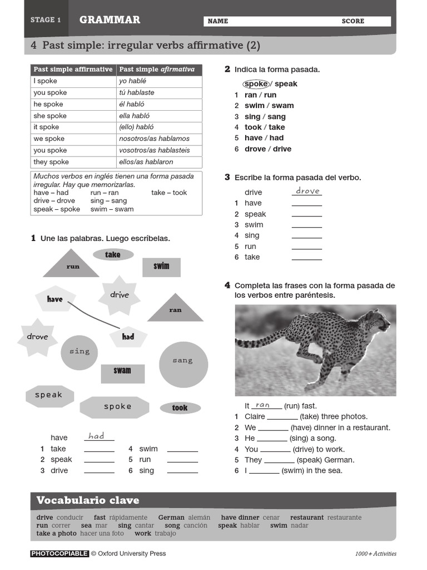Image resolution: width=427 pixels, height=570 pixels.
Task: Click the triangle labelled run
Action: click(x=72, y=265)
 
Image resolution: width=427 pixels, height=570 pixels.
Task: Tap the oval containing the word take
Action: click(x=113, y=254)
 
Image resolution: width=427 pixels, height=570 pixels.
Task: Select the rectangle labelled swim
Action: click(x=161, y=267)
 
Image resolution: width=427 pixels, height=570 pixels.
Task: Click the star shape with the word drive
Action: click(x=119, y=295)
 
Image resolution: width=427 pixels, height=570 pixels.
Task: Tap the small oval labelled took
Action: click(x=180, y=408)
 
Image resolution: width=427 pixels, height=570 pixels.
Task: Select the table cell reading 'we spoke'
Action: click(x=73, y=139)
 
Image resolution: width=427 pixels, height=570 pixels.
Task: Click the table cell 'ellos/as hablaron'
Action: click(x=159, y=162)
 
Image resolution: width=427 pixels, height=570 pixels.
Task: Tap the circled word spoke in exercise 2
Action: click(x=256, y=84)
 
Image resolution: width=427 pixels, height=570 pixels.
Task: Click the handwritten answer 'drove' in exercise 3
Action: click(x=307, y=191)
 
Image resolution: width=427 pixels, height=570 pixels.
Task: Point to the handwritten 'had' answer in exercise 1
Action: click(x=97, y=436)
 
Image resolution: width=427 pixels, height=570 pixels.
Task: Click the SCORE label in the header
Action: click(x=353, y=21)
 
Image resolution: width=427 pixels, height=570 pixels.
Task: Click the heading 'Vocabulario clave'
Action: click(x=88, y=500)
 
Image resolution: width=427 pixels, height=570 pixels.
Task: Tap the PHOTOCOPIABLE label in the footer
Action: click(x=59, y=553)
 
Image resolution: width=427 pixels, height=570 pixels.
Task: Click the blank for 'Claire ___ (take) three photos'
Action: click(x=282, y=417)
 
